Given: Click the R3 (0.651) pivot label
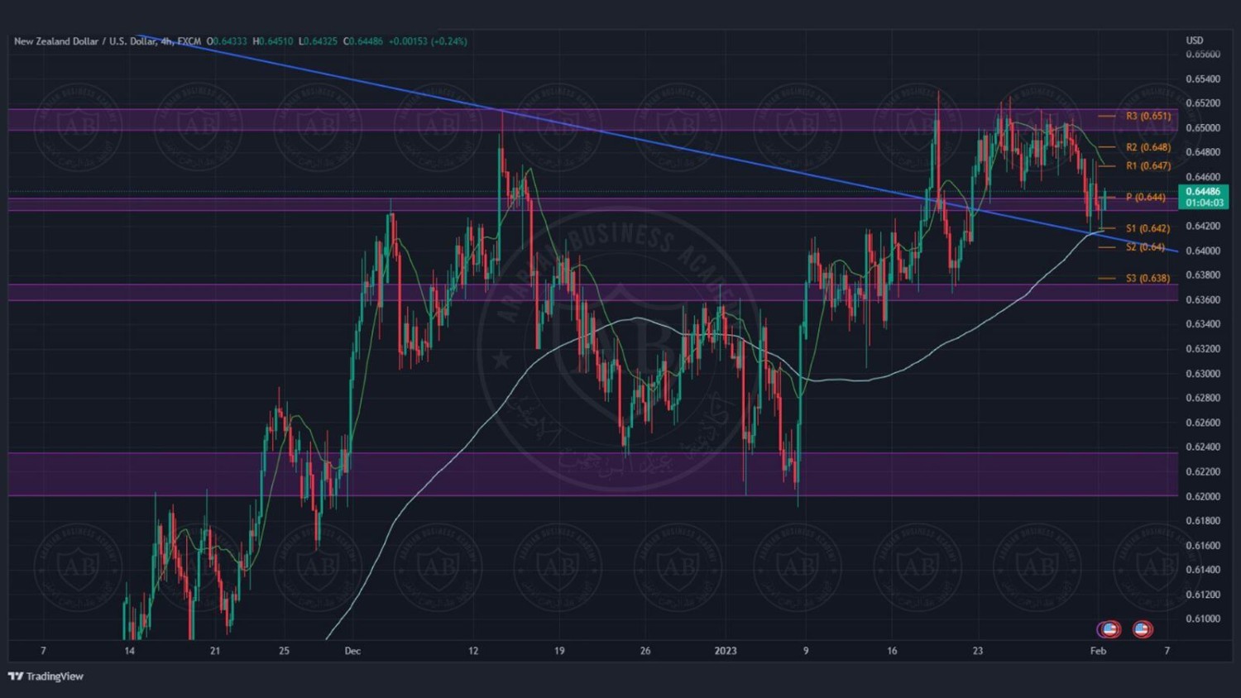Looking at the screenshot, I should tap(1148, 116).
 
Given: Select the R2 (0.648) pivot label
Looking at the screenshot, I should tap(1148, 147).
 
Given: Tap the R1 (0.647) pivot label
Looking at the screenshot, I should tap(1148, 166).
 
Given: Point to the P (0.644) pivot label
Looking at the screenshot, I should tap(1145, 197).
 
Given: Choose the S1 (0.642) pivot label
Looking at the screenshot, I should tap(1148, 228).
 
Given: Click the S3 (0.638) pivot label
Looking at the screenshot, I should tap(1148, 278).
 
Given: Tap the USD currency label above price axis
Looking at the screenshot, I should tap(1195, 41).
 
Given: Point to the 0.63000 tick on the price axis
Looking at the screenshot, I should tap(1202, 374).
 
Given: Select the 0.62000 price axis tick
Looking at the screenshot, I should tap(1202, 496).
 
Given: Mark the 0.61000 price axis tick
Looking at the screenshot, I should tap(1202, 619).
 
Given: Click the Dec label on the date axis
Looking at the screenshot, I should tap(352, 651).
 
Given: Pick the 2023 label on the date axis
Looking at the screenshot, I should tap(726, 651).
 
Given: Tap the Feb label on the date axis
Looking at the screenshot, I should tap(1098, 651).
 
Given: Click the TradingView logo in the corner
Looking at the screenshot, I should tap(46, 676).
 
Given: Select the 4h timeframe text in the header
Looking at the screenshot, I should tap(166, 41).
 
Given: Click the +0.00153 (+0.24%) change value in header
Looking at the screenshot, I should tap(428, 41).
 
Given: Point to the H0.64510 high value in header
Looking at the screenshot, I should tap(273, 41).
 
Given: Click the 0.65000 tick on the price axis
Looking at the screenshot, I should tap(1202, 128).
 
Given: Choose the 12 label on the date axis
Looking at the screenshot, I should tap(473, 651).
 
